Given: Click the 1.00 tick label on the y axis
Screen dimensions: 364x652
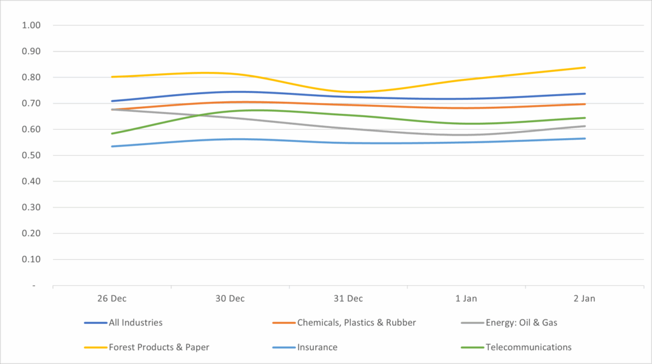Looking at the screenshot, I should pos(31,25).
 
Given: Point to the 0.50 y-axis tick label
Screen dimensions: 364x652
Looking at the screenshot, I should pos(31,155).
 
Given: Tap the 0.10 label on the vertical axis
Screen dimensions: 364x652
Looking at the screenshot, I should pos(31,260).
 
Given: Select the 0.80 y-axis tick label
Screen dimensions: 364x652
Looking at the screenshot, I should pos(31,78).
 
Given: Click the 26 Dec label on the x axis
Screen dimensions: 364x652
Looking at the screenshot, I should pos(112,298).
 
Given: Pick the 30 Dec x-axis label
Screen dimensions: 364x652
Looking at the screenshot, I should pos(230,298).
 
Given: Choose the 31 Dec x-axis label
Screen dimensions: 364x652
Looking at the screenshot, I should pos(348,298).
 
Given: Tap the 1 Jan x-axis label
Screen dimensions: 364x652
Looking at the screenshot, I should pos(467,298).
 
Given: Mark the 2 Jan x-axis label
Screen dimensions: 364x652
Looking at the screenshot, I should pos(585,298).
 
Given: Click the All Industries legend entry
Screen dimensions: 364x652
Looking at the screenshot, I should pos(135,323).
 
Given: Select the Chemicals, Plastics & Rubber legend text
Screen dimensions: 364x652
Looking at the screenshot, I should pos(356,323).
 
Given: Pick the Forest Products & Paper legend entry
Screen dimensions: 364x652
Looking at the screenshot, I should pos(159,347).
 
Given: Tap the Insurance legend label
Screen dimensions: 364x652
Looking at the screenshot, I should pos(316,347).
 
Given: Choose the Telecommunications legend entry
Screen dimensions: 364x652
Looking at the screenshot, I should pos(528,347).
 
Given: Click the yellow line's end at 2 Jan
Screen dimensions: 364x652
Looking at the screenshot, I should pos(585,67).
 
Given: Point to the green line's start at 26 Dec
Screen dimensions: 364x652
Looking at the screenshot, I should pos(112,134).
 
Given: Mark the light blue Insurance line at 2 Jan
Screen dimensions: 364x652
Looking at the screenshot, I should pos(585,139).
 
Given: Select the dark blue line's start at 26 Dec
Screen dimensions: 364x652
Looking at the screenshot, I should pos(112,101).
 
